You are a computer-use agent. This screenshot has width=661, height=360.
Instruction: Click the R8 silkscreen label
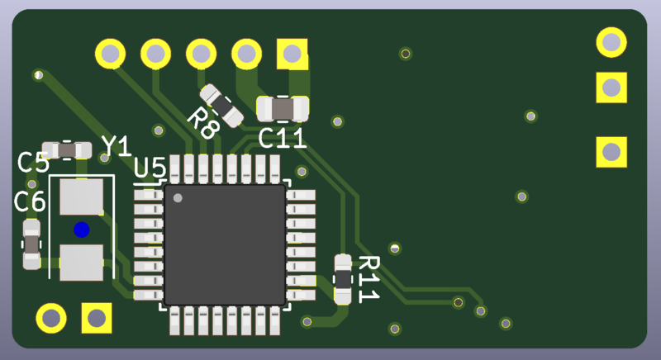click(203, 123)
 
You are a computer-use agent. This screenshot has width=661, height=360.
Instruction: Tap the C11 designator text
click(282, 138)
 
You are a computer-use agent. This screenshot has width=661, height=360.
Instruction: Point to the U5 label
click(150, 168)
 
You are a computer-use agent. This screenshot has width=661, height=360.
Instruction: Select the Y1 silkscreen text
click(117, 146)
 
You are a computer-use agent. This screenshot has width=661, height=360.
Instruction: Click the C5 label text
click(33, 162)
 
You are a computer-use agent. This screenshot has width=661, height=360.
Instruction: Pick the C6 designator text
click(30, 201)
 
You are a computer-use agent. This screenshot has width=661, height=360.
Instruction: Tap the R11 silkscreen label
click(369, 279)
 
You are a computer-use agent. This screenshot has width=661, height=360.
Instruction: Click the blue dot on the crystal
click(81, 230)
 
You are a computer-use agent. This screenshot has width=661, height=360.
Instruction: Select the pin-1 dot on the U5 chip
click(178, 198)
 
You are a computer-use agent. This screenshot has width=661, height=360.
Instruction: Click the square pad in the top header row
click(292, 54)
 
